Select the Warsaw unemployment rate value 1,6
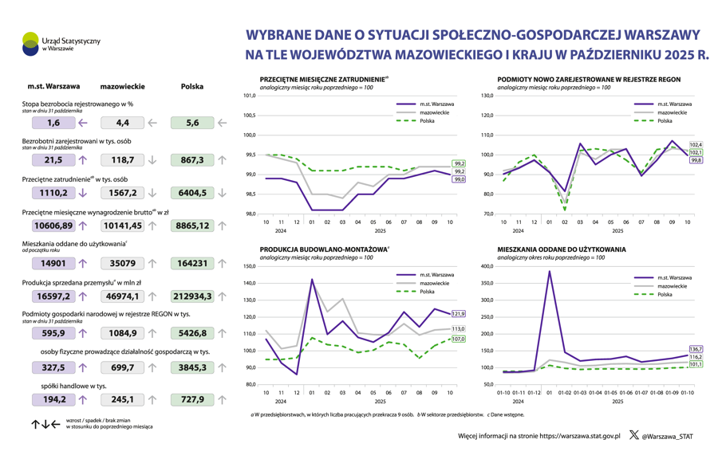pyautogui.click(x=53, y=123)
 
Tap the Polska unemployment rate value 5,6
pyautogui.click(x=192, y=123)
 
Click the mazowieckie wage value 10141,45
pyautogui.click(x=122, y=226)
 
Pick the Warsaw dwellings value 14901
pyautogui.click(x=53, y=263)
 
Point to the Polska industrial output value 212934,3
pyautogui.click(x=192, y=296)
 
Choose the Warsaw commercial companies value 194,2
pyautogui.click(x=53, y=399)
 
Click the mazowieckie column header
pyautogui.click(x=122, y=86)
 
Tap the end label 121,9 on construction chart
pyautogui.click(x=458, y=314)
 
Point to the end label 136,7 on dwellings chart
pyautogui.click(x=695, y=349)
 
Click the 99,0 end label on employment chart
pyautogui.click(x=459, y=179)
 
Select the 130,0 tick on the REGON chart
pyautogui.click(x=487, y=96)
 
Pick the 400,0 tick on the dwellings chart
pyautogui.click(x=487, y=266)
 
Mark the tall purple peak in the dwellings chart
pyautogui.click(x=550, y=272)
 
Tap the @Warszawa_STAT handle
pyautogui.click(x=667, y=436)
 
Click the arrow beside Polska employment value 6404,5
pyautogui.click(x=222, y=193)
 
